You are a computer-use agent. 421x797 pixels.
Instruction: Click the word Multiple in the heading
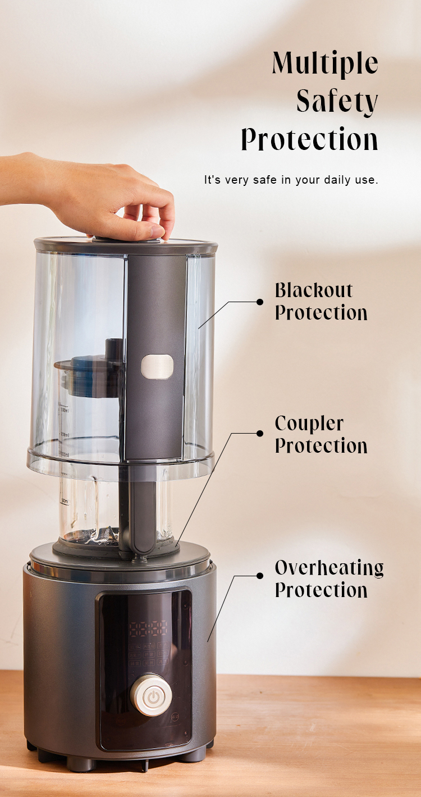325,63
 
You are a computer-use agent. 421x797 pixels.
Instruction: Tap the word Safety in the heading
337,102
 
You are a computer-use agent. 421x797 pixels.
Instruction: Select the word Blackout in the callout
314,290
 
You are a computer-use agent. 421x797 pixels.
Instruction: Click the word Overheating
330,568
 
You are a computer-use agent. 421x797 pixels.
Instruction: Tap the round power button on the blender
151,695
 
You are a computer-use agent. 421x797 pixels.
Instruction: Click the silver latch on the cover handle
157,366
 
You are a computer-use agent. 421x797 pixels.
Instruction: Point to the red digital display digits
148,629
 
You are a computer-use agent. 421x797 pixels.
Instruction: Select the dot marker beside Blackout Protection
260,302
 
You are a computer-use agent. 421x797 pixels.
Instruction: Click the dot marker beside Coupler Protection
260,434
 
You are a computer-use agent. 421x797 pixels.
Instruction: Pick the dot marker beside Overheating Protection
260,576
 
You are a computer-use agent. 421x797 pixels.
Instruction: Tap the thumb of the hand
142,231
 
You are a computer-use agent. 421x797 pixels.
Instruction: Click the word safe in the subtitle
264,180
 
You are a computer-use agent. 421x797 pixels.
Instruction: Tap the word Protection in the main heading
309,139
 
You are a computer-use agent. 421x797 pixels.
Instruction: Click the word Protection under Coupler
321,445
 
